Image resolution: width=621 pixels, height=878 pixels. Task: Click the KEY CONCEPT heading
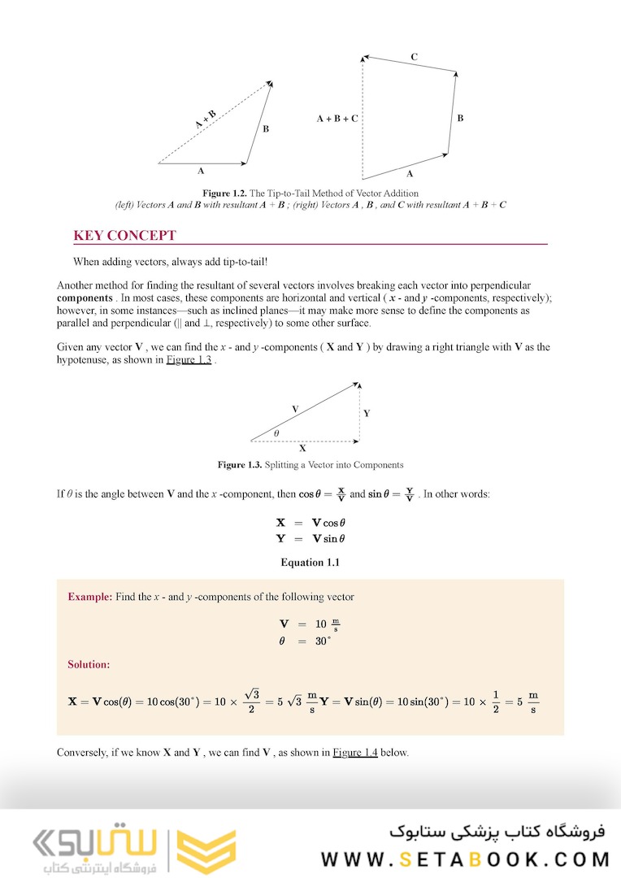pos(124,236)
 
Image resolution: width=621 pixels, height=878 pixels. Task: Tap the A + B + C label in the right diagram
pos(337,119)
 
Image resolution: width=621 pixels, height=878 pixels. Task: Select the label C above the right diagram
pos(415,57)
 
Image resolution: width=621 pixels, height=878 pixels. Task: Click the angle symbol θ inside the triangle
pos(276,433)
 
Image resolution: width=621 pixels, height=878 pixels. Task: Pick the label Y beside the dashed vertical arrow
pos(367,413)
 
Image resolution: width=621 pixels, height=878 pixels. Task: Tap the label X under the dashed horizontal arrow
pos(303,448)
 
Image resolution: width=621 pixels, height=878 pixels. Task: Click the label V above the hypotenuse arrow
pos(294,408)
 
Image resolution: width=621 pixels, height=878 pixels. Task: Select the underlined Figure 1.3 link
pos(189,360)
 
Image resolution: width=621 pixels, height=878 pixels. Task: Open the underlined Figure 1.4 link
pos(355,752)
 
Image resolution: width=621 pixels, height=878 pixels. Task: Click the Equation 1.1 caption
pos(310,563)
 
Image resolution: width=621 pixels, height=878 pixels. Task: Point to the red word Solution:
pos(89,664)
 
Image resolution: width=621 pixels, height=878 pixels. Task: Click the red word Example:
pos(89,597)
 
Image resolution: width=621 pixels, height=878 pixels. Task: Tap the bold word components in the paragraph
pos(85,298)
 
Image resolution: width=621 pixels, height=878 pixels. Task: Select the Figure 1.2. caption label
pos(224,193)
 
